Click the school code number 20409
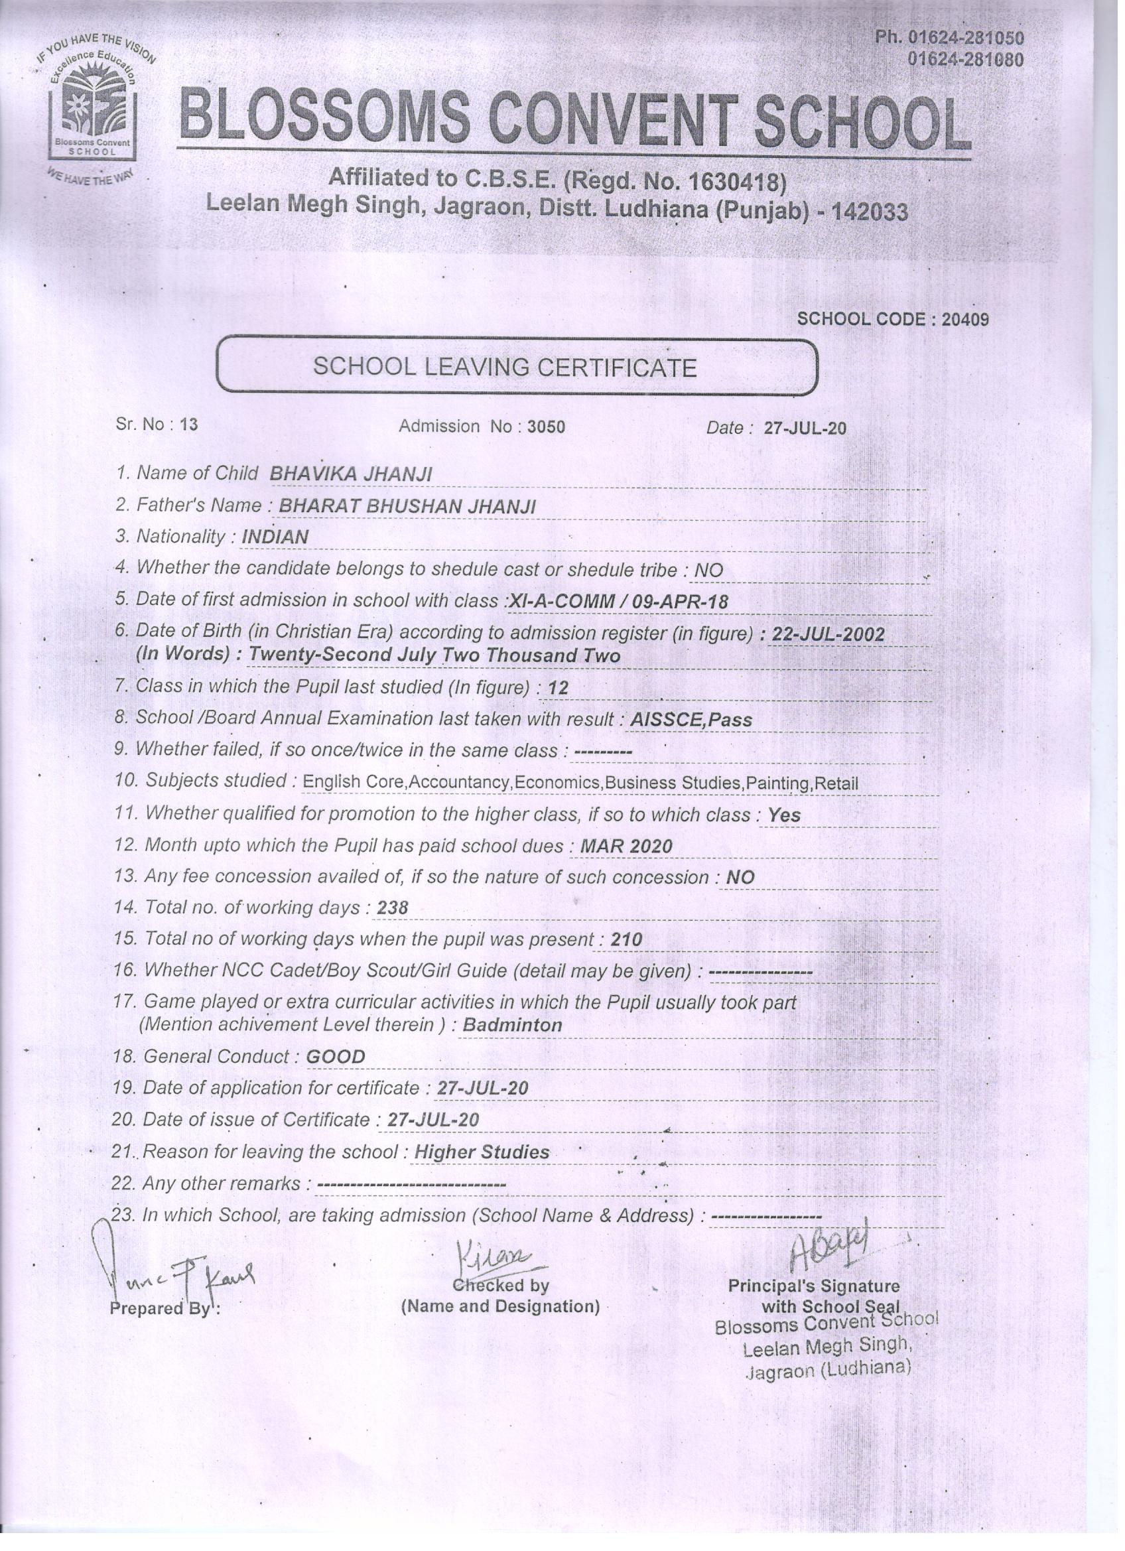[x=965, y=319]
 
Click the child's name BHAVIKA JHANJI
[x=351, y=474]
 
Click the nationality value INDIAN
[x=275, y=537]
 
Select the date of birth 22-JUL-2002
[x=828, y=634]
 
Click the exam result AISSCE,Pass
[x=691, y=719]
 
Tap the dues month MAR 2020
[x=626, y=846]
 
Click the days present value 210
[x=626, y=939]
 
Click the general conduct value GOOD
[x=335, y=1057]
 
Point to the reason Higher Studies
[x=482, y=1152]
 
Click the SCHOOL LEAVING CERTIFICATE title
[x=505, y=368]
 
